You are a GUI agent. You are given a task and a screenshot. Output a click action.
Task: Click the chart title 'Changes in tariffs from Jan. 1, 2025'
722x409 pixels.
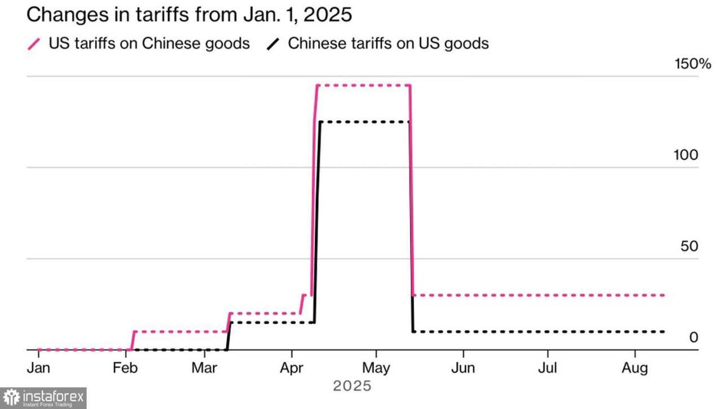pos(189,15)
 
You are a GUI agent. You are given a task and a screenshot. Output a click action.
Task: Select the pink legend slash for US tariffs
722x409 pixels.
pos(34,43)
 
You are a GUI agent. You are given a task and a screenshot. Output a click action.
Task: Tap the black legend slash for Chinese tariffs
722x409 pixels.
pos(274,43)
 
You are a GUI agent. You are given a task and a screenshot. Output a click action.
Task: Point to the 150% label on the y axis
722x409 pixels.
pos(693,64)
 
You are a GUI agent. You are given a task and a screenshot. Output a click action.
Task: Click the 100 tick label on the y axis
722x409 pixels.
pos(686,155)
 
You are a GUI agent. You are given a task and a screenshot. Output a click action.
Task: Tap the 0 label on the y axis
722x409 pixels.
pos(693,337)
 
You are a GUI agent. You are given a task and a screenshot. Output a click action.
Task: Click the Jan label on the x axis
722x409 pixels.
pos(38,368)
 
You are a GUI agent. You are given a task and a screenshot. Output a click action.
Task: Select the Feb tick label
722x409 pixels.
pos(125,368)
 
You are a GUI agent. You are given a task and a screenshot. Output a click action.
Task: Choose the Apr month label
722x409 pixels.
pos(292,368)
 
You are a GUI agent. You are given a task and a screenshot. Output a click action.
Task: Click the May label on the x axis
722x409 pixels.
pos(376,368)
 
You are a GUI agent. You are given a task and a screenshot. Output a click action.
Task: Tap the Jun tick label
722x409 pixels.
pos(463,368)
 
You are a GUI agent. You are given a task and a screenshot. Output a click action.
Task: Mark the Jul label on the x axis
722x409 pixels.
pos(548,368)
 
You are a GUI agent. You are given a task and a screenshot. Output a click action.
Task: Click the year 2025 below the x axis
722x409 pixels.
pos(352,386)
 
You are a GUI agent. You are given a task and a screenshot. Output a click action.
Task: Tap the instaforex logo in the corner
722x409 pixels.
pos(43,398)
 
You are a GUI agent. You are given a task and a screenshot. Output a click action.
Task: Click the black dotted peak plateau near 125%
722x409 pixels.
pos(364,122)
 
